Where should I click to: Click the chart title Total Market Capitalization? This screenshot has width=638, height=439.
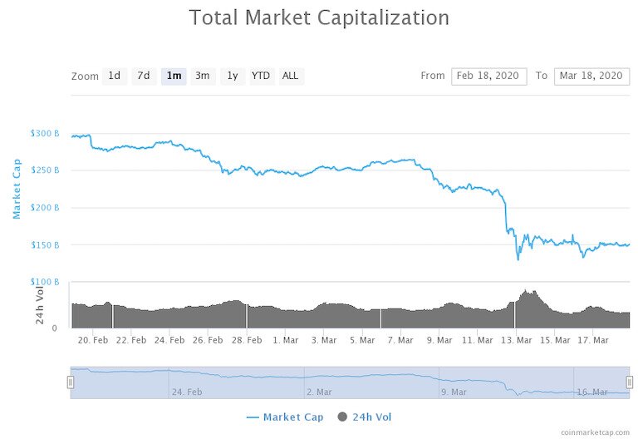click(319, 17)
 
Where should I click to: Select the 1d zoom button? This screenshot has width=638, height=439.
click(115, 76)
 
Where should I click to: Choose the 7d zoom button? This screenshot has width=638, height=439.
click(144, 76)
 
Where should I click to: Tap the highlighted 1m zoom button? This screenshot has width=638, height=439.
click(174, 76)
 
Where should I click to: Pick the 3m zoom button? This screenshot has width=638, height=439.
click(202, 76)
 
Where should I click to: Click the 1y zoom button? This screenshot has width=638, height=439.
click(233, 76)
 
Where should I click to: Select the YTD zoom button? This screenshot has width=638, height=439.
click(261, 76)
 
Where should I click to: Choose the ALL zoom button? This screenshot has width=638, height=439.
click(290, 76)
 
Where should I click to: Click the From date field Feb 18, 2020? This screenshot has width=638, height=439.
click(489, 76)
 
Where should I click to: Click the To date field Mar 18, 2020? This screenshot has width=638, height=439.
click(591, 76)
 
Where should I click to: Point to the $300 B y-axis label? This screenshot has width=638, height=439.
click(45, 133)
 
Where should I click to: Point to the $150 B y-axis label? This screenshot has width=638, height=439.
click(45, 245)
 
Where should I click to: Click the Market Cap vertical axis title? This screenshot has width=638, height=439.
click(16, 189)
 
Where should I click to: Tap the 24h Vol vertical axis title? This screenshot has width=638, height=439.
click(39, 304)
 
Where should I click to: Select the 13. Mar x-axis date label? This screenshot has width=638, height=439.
click(517, 340)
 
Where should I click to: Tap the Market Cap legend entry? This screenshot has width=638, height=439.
click(285, 417)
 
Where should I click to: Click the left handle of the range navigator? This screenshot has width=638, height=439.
click(71, 382)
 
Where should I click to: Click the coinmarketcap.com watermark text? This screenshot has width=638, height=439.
click(595, 433)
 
